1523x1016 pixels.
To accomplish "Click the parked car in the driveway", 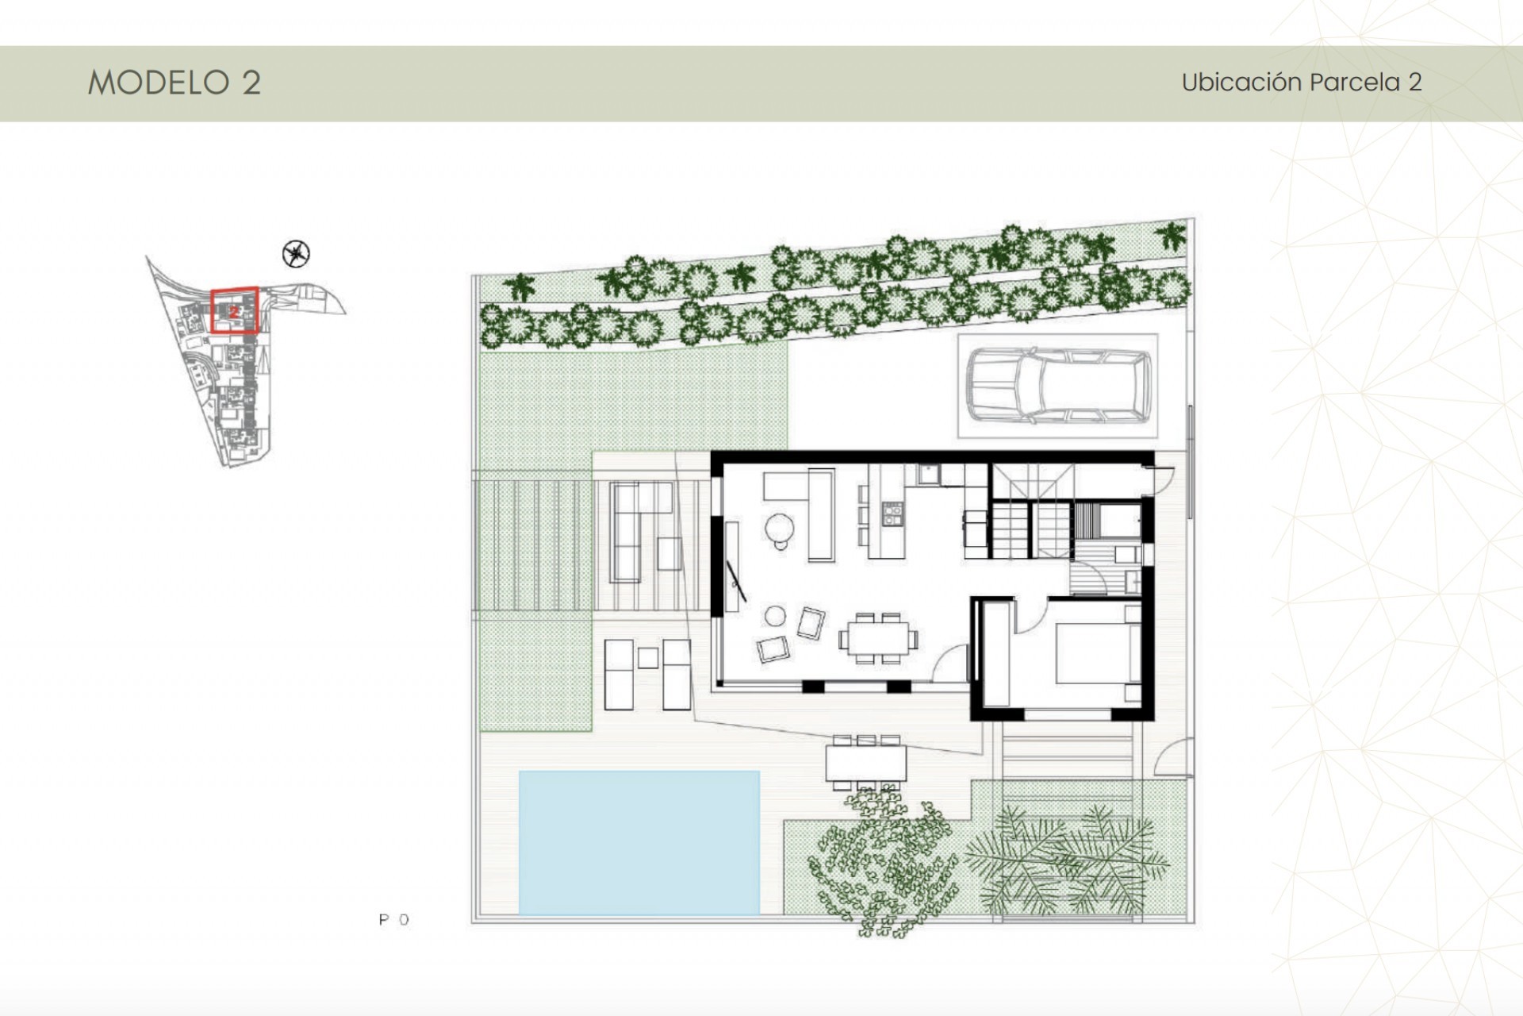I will [x=1058, y=387].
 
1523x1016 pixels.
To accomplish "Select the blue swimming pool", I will [x=639, y=841].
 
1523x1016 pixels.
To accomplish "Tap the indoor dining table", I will [x=878, y=637].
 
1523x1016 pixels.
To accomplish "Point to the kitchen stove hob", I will [x=892, y=514].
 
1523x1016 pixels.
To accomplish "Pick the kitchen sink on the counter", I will [x=927, y=475].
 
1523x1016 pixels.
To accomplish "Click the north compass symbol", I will [x=296, y=254].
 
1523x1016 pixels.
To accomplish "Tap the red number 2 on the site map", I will [x=234, y=313].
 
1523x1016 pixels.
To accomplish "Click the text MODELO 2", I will [x=174, y=83].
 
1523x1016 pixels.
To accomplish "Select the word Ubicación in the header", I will [x=1241, y=83].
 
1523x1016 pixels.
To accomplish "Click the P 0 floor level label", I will [x=393, y=920].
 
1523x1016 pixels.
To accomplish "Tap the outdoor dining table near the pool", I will [x=865, y=763].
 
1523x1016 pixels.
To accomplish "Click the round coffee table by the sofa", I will [x=779, y=527].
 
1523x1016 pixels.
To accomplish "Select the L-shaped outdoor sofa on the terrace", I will [x=627, y=530].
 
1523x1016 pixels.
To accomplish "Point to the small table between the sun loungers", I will [x=647, y=657].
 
